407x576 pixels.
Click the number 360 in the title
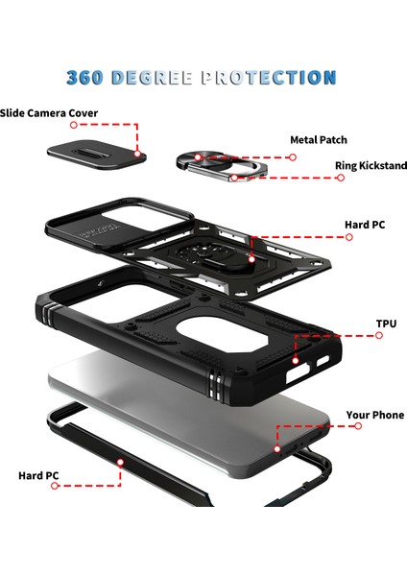click(84, 78)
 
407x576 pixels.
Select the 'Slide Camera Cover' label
click(49, 112)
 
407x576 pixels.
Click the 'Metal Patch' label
click(319, 140)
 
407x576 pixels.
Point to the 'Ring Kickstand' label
click(371, 166)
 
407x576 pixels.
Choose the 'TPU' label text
click(387, 324)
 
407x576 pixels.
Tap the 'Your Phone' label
click(375, 415)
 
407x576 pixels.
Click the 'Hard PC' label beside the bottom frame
click(38, 476)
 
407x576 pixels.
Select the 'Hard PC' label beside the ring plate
click(365, 225)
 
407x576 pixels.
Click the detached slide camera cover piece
click(97, 154)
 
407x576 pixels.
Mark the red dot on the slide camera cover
click(137, 154)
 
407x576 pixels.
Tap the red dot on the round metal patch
click(198, 157)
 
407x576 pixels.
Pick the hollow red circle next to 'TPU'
click(379, 335)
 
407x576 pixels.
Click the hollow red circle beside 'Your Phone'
click(358, 426)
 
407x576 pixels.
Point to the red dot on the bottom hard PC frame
click(120, 462)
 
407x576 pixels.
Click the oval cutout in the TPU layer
click(223, 332)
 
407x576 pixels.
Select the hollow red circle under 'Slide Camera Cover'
click(74, 125)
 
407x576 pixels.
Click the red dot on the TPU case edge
click(296, 361)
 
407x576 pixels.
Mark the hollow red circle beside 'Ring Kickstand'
click(341, 178)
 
